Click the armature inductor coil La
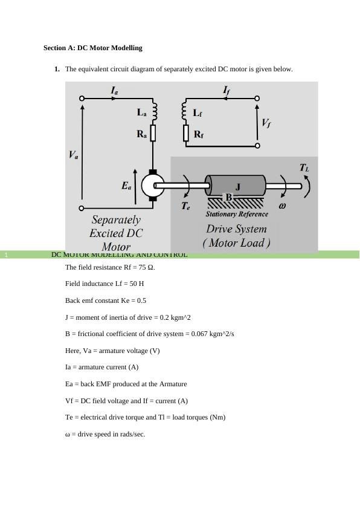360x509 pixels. (154, 112)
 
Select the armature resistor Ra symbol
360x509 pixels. (153, 133)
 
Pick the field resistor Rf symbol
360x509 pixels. (186, 133)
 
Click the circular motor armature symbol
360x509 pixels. (153, 186)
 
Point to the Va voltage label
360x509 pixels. (73, 155)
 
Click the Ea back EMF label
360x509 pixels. (126, 186)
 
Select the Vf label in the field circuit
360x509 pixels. (266, 123)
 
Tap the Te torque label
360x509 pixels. (185, 206)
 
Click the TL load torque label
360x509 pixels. (304, 168)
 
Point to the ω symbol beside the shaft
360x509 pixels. (282, 206)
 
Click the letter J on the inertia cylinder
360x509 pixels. (238, 187)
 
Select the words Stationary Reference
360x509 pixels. (237, 214)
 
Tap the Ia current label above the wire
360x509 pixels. (115, 90)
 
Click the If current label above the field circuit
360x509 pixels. (227, 90)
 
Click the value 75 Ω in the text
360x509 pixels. (146, 267)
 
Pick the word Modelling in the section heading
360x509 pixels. (126, 48)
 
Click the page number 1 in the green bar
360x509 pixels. (6, 255)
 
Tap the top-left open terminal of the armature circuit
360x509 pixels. (82, 98)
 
